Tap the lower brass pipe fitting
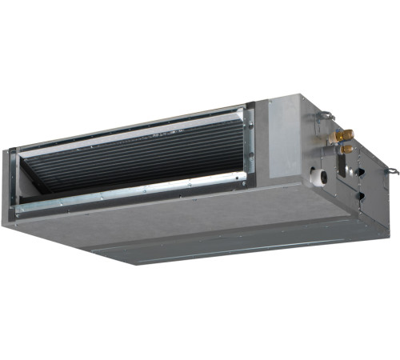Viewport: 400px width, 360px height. [346, 149]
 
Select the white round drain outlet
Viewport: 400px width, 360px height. [318, 174]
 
